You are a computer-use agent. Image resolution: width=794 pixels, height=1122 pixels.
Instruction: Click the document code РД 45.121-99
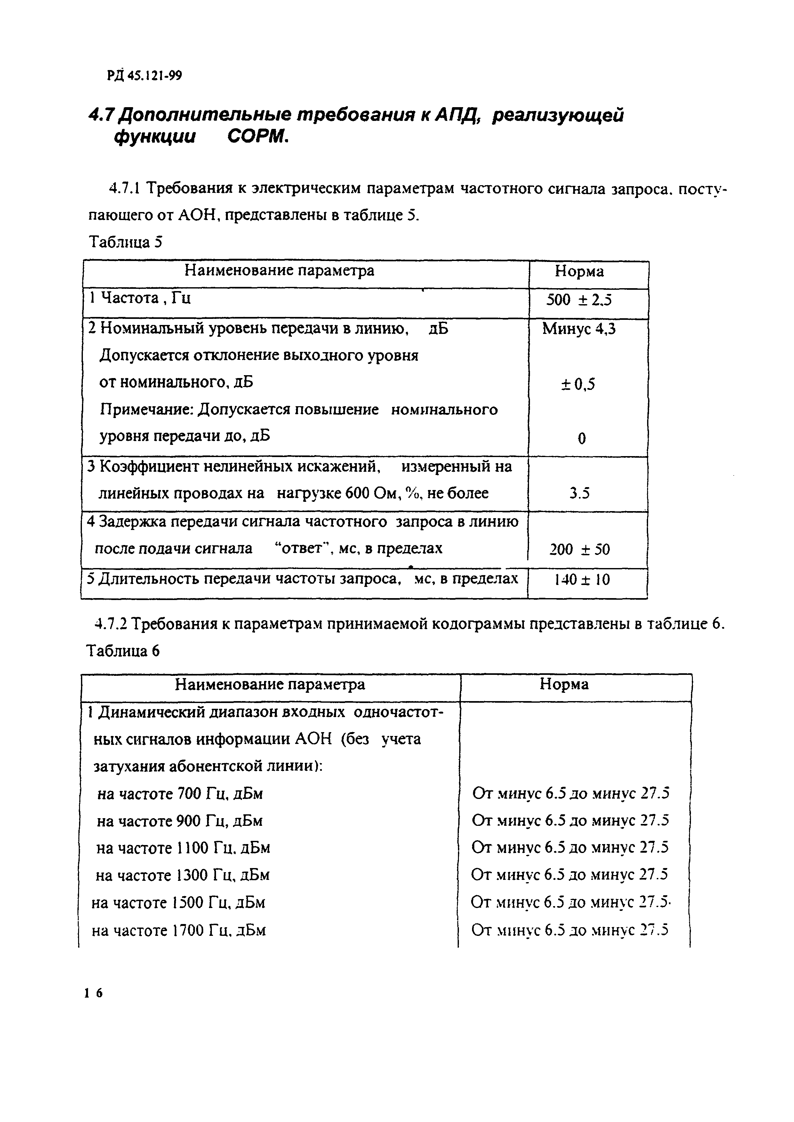(144, 76)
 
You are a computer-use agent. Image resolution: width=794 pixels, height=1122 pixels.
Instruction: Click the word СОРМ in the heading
(259, 138)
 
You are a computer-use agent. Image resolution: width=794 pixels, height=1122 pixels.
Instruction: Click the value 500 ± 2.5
(579, 300)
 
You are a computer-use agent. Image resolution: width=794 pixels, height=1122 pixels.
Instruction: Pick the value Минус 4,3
(579, 329)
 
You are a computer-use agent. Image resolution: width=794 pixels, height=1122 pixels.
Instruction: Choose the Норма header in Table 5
(579, 272)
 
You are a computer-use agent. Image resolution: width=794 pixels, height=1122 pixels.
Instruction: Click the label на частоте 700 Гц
(180, 794)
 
